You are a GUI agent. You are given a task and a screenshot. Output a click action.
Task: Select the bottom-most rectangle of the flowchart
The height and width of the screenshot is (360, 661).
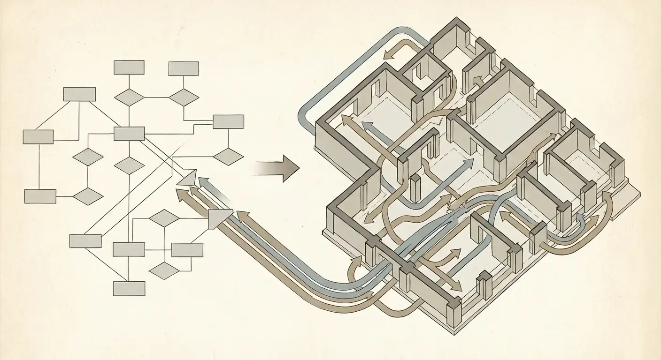pos(129,288)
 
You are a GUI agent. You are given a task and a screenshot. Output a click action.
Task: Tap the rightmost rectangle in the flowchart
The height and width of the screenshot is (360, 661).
pos(228,121)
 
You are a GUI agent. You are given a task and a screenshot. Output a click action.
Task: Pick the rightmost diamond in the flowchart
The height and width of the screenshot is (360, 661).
pos(228,157)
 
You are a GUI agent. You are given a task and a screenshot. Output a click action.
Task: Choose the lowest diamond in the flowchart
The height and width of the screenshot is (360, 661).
pos(163,270)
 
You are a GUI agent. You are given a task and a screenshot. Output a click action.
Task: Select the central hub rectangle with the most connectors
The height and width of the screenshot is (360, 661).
pos(129,134)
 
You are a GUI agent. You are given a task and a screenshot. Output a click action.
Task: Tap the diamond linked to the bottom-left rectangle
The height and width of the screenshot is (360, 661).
pos(88,196)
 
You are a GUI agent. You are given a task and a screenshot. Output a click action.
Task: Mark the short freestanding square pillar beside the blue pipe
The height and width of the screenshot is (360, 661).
pos(415,186)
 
